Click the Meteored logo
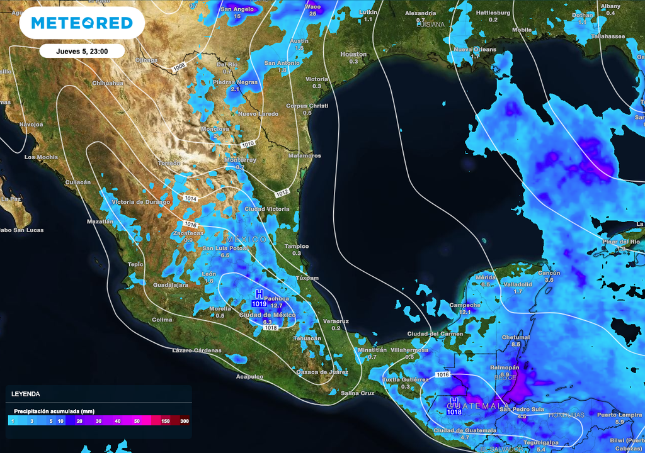click(x=82, y=23)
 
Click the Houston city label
click(x=353, y=55)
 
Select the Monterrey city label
click(x=240, y=160)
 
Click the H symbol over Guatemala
click(x=454, y=402)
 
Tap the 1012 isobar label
click(x=282, y=191)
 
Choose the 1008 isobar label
click(x=180, y=65)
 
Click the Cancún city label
click(x=549, y=273)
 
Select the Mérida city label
click(x=486, y=277)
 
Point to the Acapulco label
click(x=249, y=376)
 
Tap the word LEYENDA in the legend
click(x=26, y=394)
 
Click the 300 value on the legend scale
click(x=184, y=420)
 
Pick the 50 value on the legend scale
click(x=137, y=420)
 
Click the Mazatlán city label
click(x=100, y=221)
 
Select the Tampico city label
click(x=296, y=246)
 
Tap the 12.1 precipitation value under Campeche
click(x=465, y=312)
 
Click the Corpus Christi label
click(x=307, y=106)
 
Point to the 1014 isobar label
click(x=191, y=199)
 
